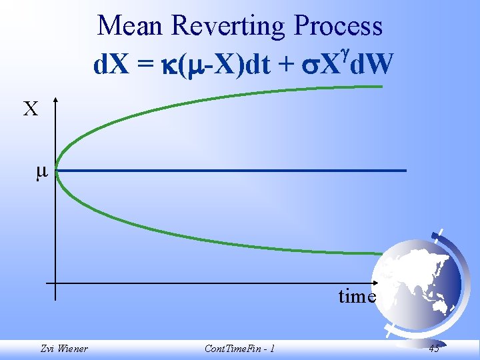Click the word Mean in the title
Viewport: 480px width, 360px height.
click(x=131, y=27)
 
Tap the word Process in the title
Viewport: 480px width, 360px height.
click(x=339, y=27)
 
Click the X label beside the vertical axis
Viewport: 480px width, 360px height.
click(x=31, y=109)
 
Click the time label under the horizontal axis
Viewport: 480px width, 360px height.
click(x=357, y=296)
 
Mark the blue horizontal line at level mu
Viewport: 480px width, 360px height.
click(x=233, y=171)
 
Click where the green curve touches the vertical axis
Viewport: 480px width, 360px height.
click(x=56, y=171)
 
